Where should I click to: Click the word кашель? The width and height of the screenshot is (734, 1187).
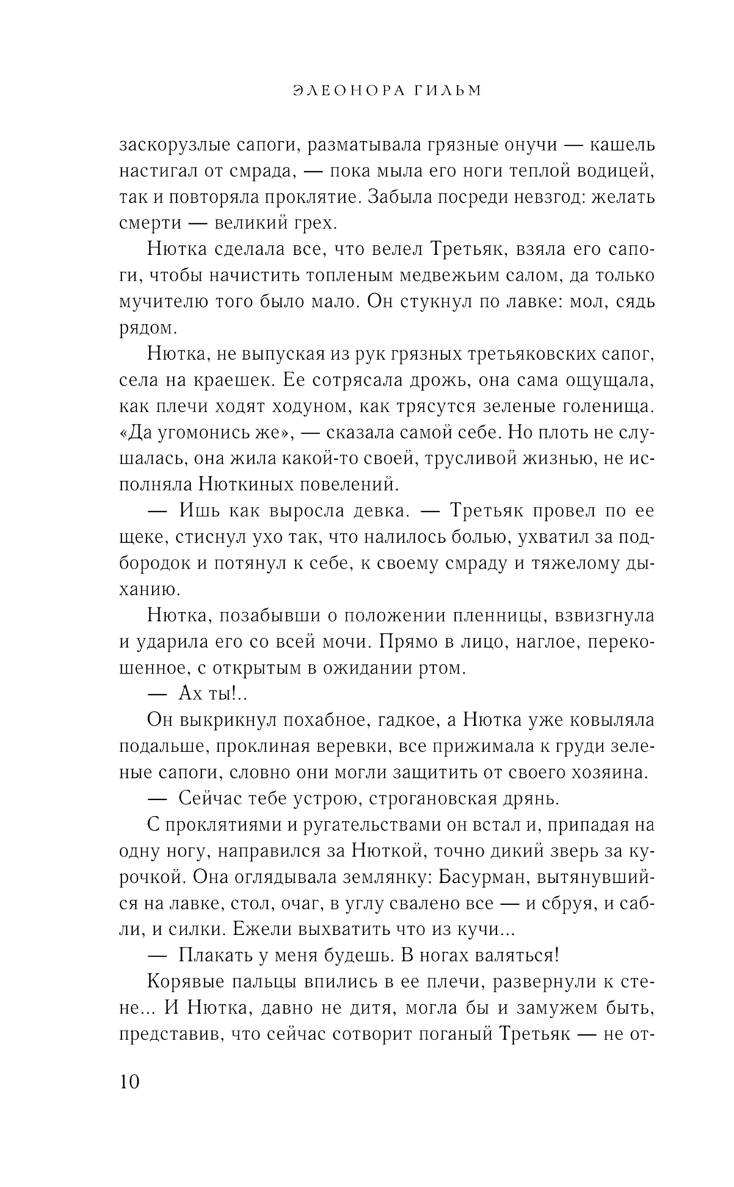623,145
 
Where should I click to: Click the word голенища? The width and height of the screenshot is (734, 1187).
606,406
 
